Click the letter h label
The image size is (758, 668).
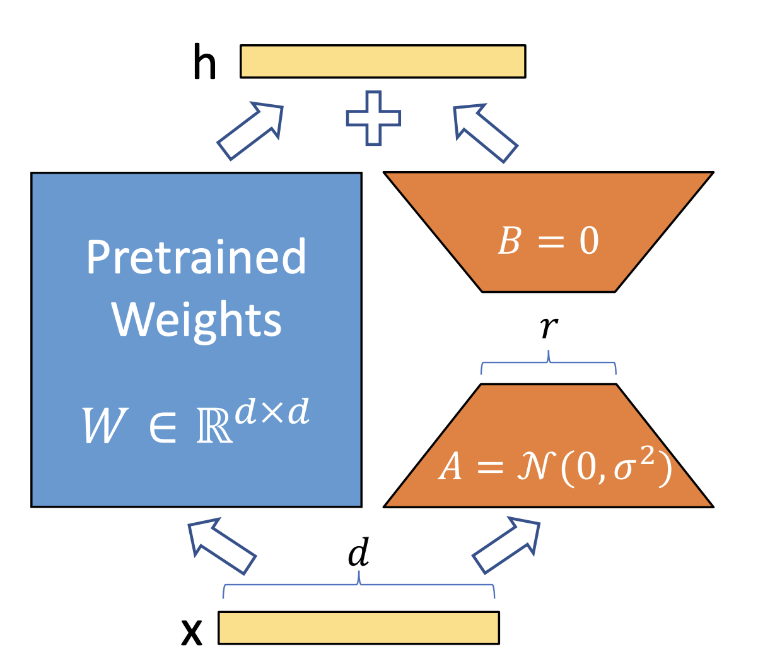click(x=204, y=63)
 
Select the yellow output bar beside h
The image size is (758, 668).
click(x=382, y=61)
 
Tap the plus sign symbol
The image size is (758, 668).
click(x=373, y=118)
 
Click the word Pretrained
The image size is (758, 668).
click(x=196, y=257)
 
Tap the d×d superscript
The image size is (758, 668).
click(x=272, y=412)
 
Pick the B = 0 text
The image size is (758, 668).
click(x=548, y=241)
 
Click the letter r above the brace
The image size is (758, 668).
click(x=549, y=326)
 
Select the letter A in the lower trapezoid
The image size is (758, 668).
click(x=450, y=468)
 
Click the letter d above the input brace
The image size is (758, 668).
click(x=359, y=553)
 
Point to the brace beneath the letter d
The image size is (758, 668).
click(x=359, y=586)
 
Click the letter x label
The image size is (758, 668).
click(x=192, y=631)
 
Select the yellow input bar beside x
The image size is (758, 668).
click(x=359, y=628)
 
